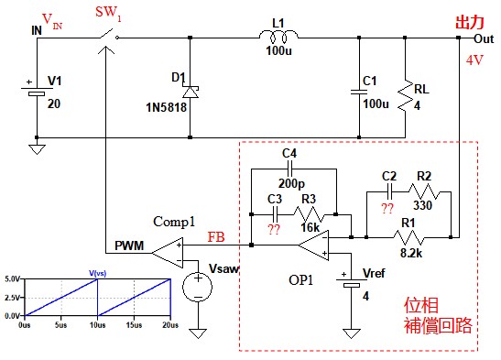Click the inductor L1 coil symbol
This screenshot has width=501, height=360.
(x=278, y=36)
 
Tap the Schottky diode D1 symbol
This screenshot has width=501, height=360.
(x=191, y=92)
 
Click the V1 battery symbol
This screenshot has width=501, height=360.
(x=37, y=91)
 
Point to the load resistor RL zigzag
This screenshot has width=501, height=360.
(x=405, y=96)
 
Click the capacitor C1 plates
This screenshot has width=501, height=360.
(x=359, y=92)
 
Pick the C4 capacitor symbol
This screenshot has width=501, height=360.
(x=290, y=169)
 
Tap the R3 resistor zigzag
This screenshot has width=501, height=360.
(x=309, y=214)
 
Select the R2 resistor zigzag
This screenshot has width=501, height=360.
(x=424, y=191)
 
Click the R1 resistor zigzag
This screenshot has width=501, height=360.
(x=409, y=237)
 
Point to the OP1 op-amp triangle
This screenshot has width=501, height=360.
(x=314, y=245)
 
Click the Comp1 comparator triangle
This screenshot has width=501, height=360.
(x=168, y=253)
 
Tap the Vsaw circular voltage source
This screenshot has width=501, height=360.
(x=198, y=287)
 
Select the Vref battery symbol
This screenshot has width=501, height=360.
(x=351, y=281)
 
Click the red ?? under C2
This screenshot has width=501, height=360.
(x=387, y=209)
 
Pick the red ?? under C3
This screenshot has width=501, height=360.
(x=274, y=229)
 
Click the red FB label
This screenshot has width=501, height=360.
(x=216, y=236)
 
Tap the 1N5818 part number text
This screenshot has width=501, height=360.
(x=166, y=107)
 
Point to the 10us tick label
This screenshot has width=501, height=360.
(x=97, y=325)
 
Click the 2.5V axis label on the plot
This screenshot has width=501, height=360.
(x=12, y=298)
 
